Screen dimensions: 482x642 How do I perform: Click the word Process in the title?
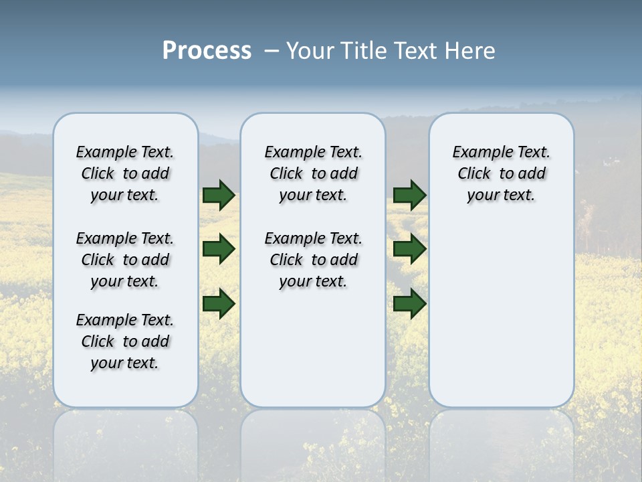point(207,51)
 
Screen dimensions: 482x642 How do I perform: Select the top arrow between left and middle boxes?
point(219,195)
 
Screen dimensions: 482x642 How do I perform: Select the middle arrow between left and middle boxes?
point(219,249)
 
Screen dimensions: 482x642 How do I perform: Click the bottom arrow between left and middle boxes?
point(219,303)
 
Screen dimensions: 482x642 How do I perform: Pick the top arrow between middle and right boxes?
point(409,195)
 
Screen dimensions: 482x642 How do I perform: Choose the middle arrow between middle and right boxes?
point(409,249)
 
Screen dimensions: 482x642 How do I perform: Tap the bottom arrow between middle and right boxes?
point(409,303)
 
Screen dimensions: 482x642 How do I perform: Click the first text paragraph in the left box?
point(125,173)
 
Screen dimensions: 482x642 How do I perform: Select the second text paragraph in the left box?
point(125,260)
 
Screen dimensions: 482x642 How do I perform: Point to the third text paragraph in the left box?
point(125,341)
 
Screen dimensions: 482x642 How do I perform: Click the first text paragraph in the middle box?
point(313,173)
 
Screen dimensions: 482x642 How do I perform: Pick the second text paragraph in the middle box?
point(313,260)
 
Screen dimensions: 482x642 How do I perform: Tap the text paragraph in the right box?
point(501,173)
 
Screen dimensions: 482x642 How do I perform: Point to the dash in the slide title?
point(272,51)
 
